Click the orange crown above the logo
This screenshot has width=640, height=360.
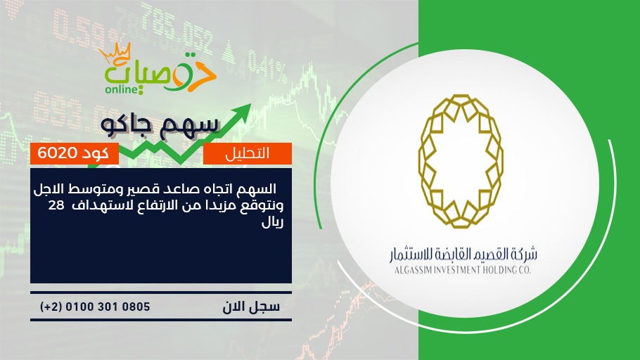click(x=115, y=53)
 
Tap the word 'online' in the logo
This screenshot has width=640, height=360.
click(x=122, y=89)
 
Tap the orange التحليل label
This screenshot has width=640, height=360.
click(x=248, y=153)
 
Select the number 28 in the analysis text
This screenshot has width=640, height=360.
click(x=56, y=205)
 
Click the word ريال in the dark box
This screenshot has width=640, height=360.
click(x=272, y=222)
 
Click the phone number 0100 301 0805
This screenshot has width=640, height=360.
click(x=108, y=307)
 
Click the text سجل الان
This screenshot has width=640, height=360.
click(x=251, y=307)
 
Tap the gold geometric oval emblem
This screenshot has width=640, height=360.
click(x=461, y=161)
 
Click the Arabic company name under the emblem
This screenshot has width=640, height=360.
click(x=463, y=255)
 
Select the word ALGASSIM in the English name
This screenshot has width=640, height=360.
click(x=413, y=270)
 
